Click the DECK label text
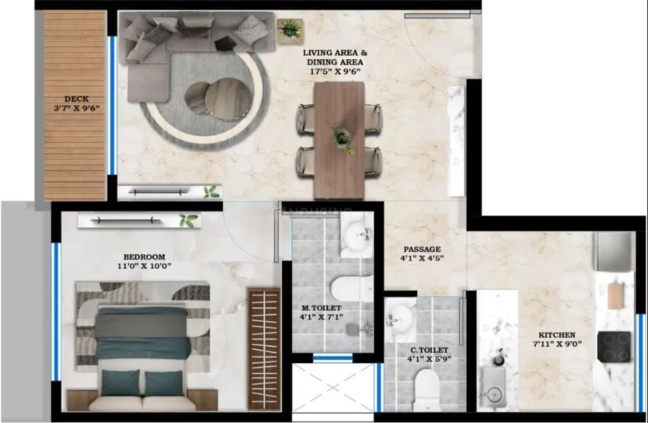click(76, 99)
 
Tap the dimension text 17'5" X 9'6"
click(335, 72)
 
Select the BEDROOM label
click(144, 257)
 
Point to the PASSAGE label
click(420, 249)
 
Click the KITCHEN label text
click(557, 335)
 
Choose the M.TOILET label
click(321, 308)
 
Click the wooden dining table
click(339, 140)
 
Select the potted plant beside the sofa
click(290, 29)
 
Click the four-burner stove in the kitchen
click(613, 346)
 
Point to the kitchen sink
click(494, 392)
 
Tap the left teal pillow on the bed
click(121, 382)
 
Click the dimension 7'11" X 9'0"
click(557, 345)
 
